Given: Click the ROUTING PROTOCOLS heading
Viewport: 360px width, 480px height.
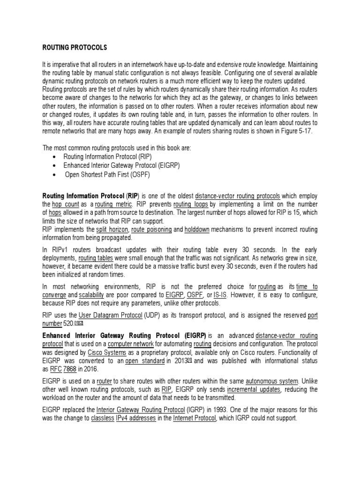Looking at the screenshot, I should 75,48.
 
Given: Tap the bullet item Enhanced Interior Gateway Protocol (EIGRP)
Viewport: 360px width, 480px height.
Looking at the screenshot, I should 121,165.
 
